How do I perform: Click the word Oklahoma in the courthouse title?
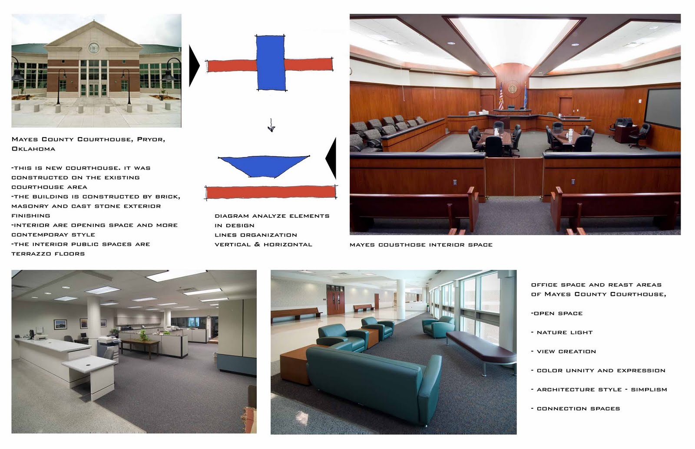click(33, 149)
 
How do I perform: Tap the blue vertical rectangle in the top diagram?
click(271, 63)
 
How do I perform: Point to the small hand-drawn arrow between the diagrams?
click(271, 125)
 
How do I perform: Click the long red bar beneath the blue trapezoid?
click(271, 192)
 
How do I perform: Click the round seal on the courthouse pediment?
click(93, 48)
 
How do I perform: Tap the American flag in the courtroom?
click(500, 97)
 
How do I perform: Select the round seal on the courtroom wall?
click(513, 88)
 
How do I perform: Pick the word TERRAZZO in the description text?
click(30, 254)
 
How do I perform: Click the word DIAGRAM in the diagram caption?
click(232, 216)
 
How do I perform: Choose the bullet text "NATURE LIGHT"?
click(564, 333)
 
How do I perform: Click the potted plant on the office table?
click(142, 335)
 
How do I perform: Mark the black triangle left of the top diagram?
click(194, 66)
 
